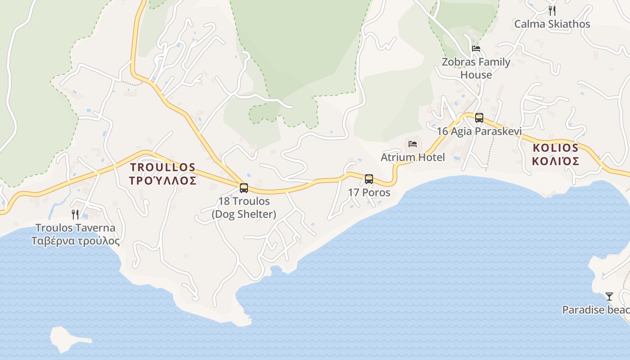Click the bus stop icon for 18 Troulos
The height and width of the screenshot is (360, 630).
[x=244, y=188]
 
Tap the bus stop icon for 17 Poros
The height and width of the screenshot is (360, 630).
[x=369, y=179]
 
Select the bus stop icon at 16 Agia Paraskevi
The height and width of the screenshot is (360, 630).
[x=479, y=118]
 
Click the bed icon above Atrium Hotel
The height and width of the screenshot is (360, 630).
[x=413, y=144]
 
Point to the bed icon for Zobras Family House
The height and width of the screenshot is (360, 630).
[x=476, y=49]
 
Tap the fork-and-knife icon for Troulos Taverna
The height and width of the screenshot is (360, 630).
[x=75, y=215]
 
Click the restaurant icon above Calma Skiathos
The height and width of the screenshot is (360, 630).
[x=552, y=11]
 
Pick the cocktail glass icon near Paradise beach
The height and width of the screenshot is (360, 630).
[x=609, y=297]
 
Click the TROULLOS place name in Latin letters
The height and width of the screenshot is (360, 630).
[x=163, y=167]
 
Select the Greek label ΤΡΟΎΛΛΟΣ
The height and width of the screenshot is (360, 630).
[x=163, y=181]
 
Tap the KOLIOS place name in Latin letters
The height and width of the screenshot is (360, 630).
[x=555, y=148]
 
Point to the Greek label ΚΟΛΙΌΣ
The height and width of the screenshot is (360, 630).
[x=555, y=161]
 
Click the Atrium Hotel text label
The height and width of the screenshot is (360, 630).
[x=413, y=157]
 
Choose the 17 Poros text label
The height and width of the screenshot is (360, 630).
[x=369, y=193]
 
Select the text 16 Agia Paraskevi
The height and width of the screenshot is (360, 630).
[x=479, y=131]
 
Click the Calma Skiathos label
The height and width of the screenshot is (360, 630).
[x=552, y=24]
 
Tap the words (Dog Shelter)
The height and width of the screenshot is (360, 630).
[x=244, y=214]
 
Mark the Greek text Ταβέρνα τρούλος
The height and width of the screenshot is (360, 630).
[x=75, y=241]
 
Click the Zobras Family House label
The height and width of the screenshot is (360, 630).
[x=476, y=68]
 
